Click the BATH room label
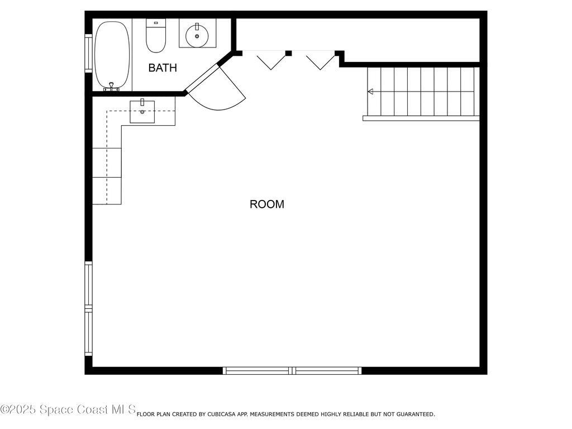point(163,68)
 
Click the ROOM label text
point(266,204)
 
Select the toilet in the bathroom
point(155,36)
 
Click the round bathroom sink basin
point(197,36)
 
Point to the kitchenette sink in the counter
point(142,112)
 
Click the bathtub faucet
point(112,87)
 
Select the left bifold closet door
point(271,60)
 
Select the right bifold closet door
point(321,60)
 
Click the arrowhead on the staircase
point(370,92)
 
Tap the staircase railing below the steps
point(421,118)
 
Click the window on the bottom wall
point(292,370)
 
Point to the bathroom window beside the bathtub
point(88,53)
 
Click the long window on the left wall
point(88,308)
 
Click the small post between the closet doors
point(289,54)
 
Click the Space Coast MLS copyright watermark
point(68,409)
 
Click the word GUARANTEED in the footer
point(414,414)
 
